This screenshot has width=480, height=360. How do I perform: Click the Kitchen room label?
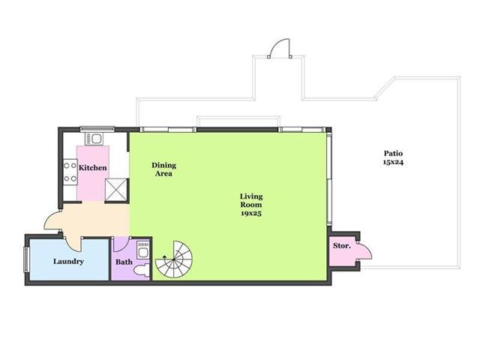[x=93, y=168]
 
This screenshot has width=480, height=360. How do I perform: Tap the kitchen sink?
[x=94, y=139]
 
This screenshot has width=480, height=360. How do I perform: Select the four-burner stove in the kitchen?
[x=70, y=172]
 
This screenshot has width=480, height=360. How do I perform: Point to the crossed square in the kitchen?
[x=116, y=190]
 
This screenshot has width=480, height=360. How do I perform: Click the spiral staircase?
[x=174, y=259]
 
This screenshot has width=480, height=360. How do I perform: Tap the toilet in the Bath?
[x=142, y=271]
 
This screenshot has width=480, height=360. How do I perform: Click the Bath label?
[x=124, y=262]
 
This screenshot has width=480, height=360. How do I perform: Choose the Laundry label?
[x=68, y=262]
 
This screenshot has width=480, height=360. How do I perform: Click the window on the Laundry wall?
[x=27, y=259]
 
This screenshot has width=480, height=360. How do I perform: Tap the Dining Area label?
[x=163, y=169]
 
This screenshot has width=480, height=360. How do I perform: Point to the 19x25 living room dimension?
[x=251, y=213]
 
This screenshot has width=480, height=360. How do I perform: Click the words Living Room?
[x=251, y=200]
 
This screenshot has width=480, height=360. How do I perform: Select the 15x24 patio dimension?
[x=393, y=162]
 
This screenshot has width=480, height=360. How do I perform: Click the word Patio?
[x=393, y=153]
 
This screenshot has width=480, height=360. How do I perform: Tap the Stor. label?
[x=342, y=245]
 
